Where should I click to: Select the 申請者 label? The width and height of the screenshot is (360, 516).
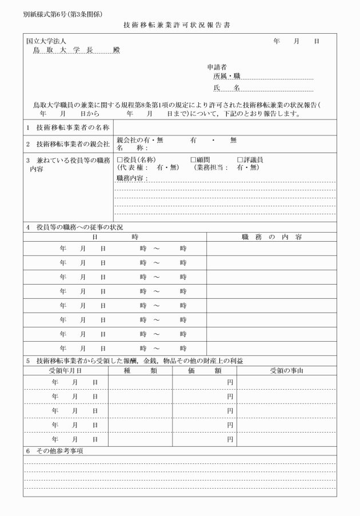point(217,67)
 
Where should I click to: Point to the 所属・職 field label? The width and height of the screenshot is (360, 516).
point(226,76)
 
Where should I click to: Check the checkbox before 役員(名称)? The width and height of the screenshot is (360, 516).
point(120,159)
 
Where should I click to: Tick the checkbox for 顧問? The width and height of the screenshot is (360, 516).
point(194,159)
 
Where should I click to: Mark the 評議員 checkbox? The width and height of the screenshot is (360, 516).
point(240,159)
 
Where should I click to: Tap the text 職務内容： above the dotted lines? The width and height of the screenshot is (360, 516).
point(132,178)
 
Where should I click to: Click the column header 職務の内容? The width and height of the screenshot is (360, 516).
point(271,236)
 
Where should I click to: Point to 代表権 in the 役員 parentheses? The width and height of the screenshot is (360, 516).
point(133,167)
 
